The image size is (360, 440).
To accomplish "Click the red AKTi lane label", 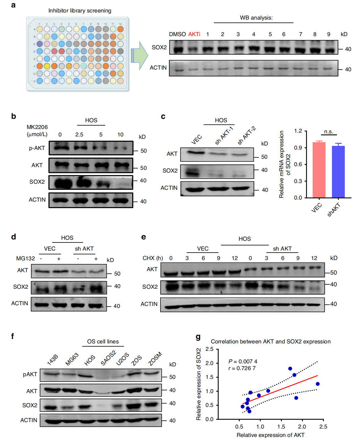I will click(x=194, y=34).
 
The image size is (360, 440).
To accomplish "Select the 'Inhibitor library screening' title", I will click(x=79, y=10).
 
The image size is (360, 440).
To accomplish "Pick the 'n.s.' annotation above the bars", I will click(x=329, y=131).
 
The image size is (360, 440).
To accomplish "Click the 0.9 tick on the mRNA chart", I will click(x=298, y=148).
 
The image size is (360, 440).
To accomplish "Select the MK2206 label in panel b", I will click(x=37, y=127).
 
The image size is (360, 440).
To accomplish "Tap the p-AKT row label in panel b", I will click(x=37, y=148).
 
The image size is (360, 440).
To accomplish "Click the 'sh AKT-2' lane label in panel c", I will click(x=246, y=135).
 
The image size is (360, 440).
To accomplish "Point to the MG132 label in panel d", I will click(x=25, y=258).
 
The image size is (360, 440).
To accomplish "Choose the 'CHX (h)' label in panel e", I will click(x=152, y=258).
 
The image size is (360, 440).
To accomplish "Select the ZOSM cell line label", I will click(x=155, y=359).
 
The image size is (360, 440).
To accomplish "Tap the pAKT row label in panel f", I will click(x=30, y=374).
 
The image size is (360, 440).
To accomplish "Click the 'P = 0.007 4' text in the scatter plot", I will click(x=243, y=361).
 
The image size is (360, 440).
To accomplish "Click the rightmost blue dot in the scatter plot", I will click(x=317, y=384).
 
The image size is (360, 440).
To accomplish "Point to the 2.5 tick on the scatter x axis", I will click(x=323, y=426).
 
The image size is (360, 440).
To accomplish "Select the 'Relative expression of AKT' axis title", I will click(x=270, y=435).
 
